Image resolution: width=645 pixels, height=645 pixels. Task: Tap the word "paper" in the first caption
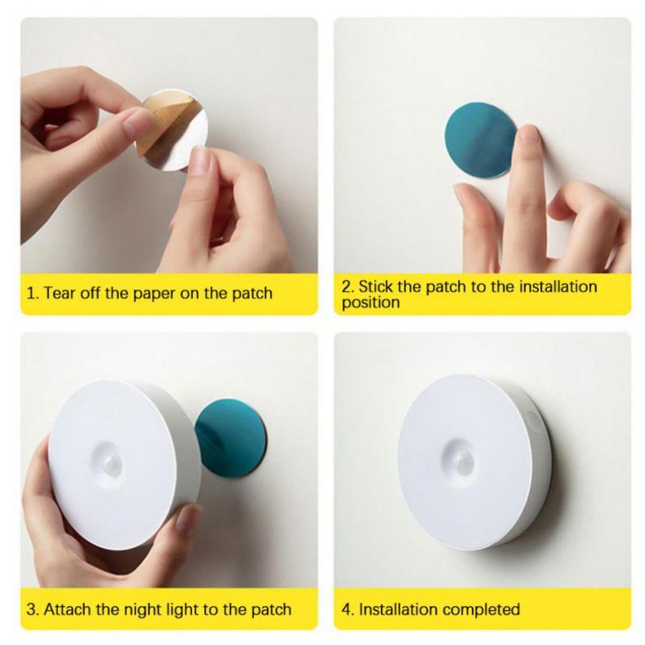click(x=155, y=294)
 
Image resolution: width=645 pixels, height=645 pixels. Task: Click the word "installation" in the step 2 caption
click(x=558, y=286)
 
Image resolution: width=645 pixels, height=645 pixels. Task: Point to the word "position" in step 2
click(x=371, y=303)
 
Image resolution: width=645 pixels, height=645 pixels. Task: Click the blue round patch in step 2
click(x=481, y=140)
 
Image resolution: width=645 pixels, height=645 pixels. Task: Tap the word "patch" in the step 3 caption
click(x=272, y=610)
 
